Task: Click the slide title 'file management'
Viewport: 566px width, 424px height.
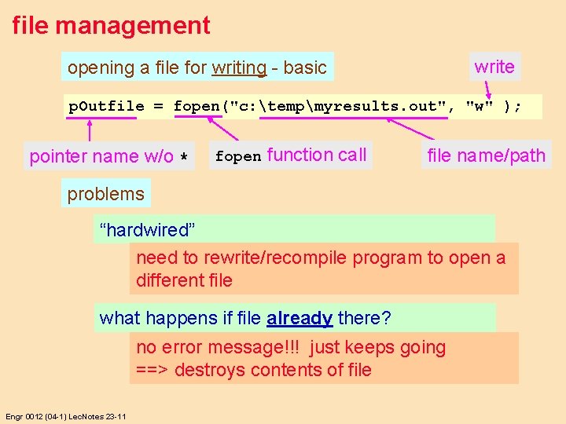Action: point(111,25)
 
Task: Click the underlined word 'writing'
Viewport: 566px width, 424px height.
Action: point(239,68)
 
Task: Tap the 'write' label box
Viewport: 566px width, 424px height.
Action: point(494,67)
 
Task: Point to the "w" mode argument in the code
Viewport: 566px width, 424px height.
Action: point(477,106)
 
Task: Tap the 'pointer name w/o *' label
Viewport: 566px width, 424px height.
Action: point(109,156)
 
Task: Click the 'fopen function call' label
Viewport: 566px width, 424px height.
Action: point(291,155)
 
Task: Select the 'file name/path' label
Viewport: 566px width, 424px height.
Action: point(486,155)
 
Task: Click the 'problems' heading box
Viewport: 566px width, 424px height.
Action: point(106,194)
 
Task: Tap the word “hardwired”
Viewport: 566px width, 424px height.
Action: point(147,230)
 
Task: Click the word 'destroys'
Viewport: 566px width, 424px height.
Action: point(208,370)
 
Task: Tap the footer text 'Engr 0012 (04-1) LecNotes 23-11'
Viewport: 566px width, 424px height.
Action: point(65,416)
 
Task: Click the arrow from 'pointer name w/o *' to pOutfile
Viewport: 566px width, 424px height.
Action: point(90,130)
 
